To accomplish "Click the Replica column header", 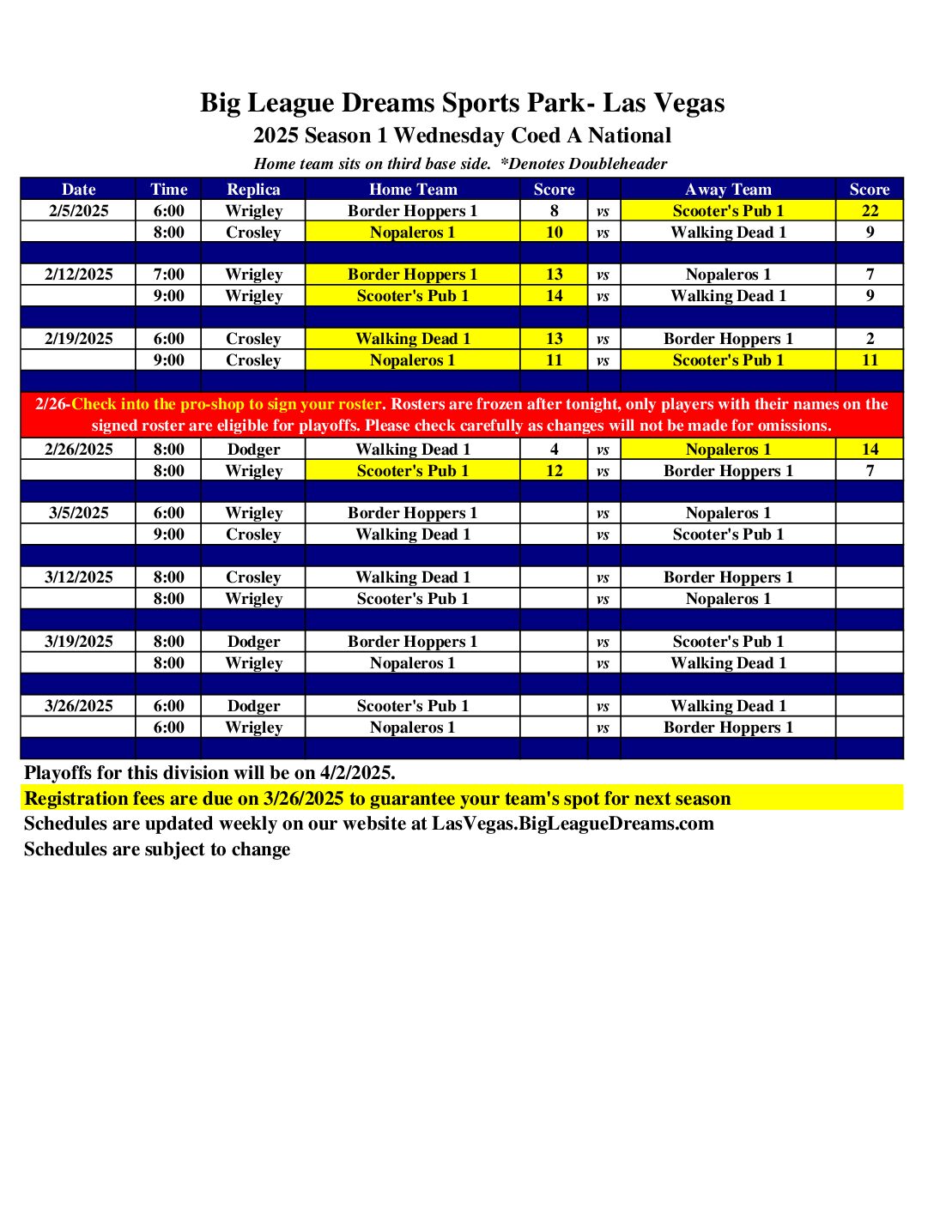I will point(253,190).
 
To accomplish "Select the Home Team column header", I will point(413,190).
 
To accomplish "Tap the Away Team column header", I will point(728,190).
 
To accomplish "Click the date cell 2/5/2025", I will point(78,211).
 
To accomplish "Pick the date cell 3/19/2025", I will point(78,642).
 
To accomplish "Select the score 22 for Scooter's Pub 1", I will point(870,211).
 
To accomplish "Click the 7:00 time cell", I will point(168,275).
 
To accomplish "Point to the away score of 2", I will point(870,339).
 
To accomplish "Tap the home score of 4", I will point(554,450).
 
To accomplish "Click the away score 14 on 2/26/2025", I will point(870,450).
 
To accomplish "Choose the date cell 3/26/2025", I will point(78,706).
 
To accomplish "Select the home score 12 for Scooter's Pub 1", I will point(554,471).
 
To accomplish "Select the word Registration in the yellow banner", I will point(77,799).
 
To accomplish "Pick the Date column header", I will point(78,190).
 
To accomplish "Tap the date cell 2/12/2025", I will point(78,275).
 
